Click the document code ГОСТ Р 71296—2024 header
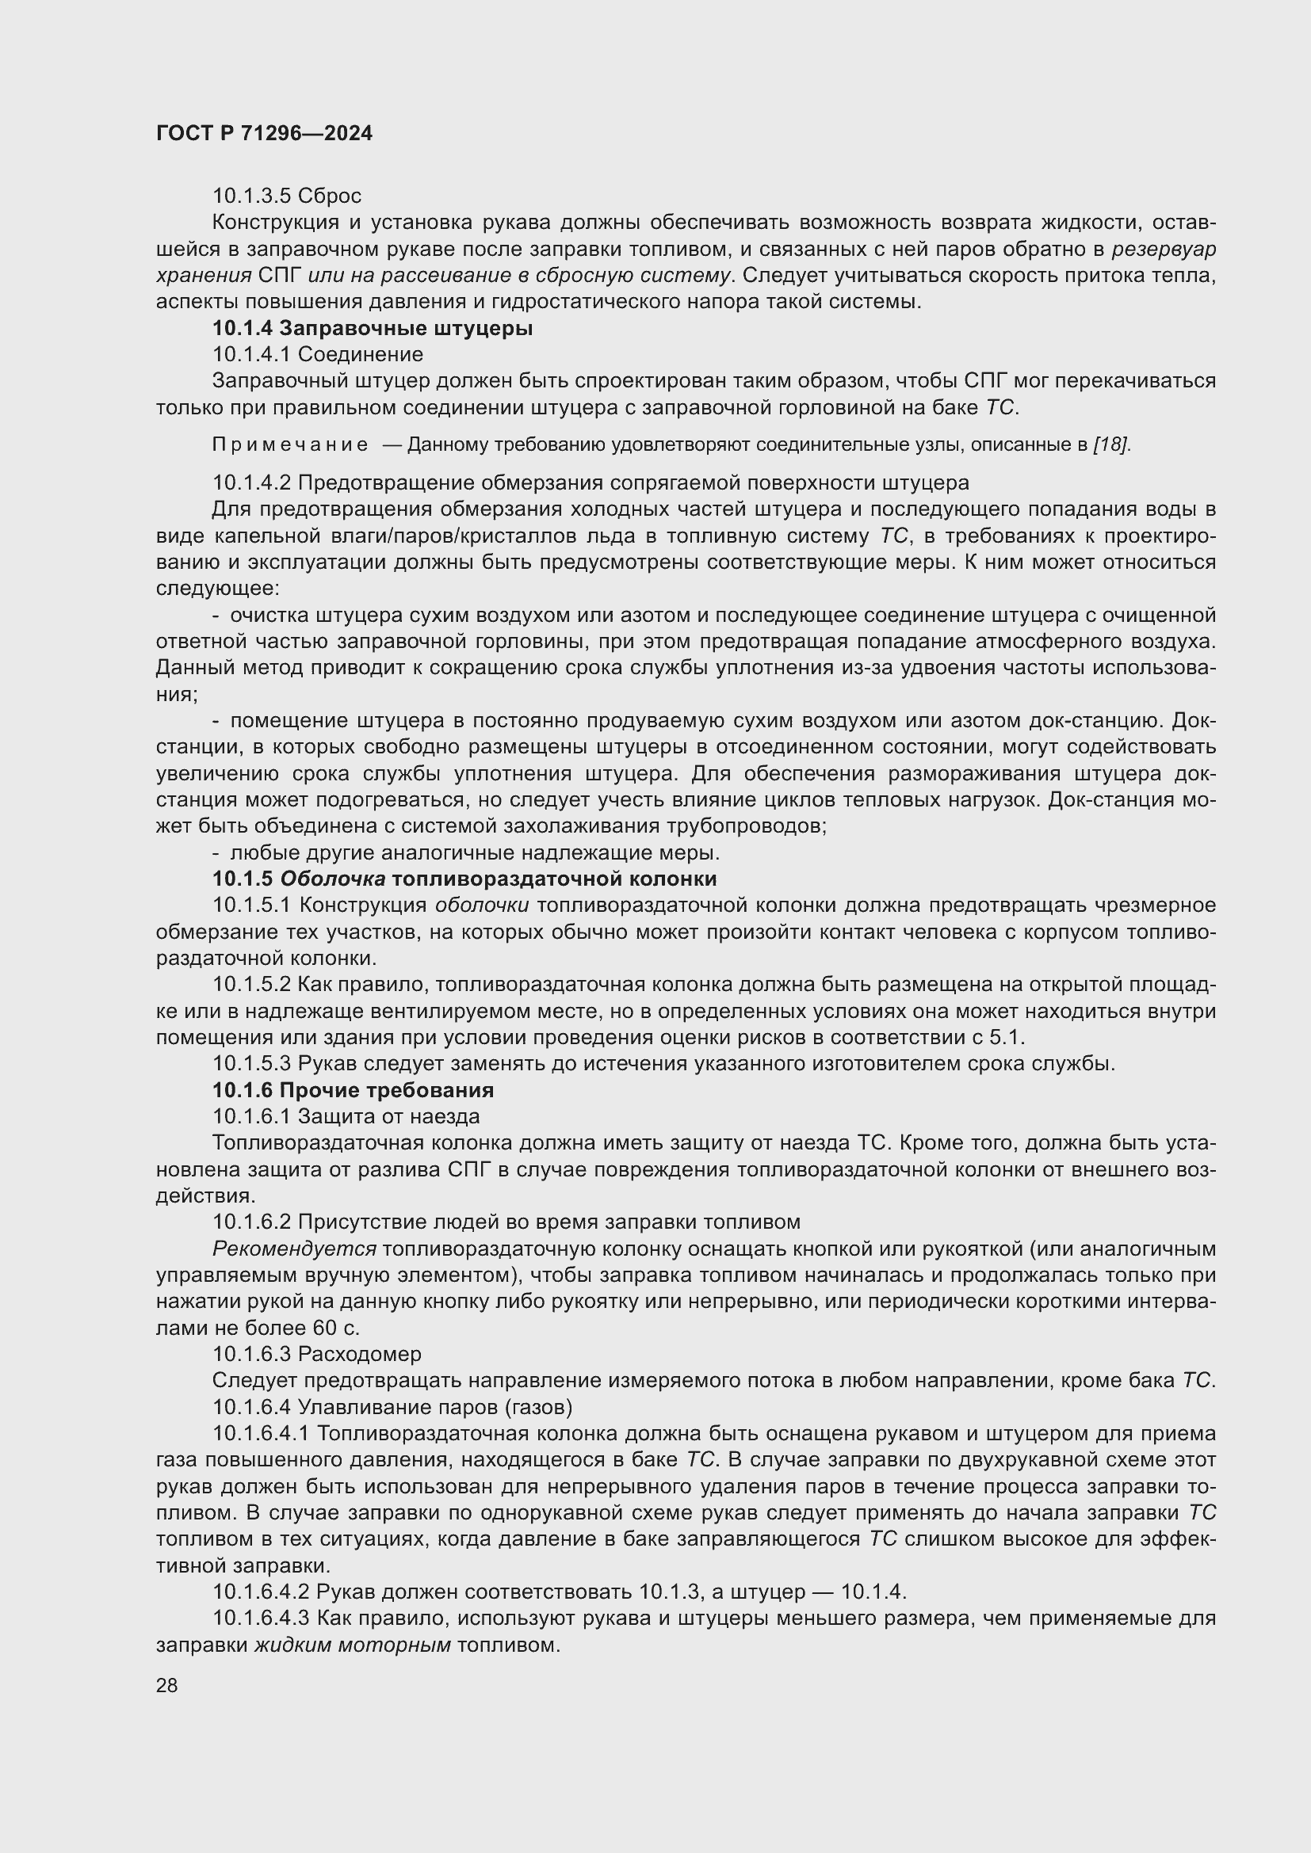pyautogui.click(x=264, y=133)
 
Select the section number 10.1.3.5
pyautogui.click(x=252, y=196)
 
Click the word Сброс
pyautogui.click(x=330, y=196)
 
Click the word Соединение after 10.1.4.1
pyautogui.click(x=360, y=354)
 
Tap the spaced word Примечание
pyautogui.click(x=290, y=444)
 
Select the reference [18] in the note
pyautogui.click(x=1110, y=444)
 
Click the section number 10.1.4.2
pyautogui.click(x=252, y=483)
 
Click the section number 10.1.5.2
pyautogui.click(x=252, y=985)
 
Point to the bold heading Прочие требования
pyautogui.click(x=386, y=1090)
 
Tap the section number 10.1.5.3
pyautogui.click(x=252, y=1064)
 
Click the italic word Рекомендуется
pyautogui.click(x=294, y=1249)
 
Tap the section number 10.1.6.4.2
pyautogui.click(x=262, y=1592)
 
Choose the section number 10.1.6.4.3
pyautogui.click(x=262, y=1619)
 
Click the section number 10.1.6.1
pyautogui.click(x=252, y=1117)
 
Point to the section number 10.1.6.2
pyautogui.click(x=252, y=1222)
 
